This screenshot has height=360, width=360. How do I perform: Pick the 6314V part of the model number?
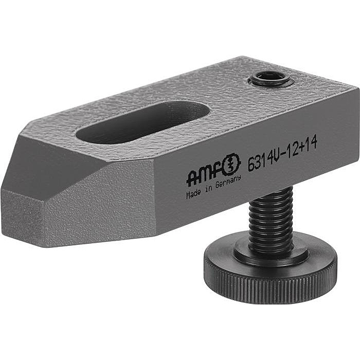[x=264, y=156]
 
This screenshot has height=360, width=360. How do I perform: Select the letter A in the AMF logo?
[x=193, y=177]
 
